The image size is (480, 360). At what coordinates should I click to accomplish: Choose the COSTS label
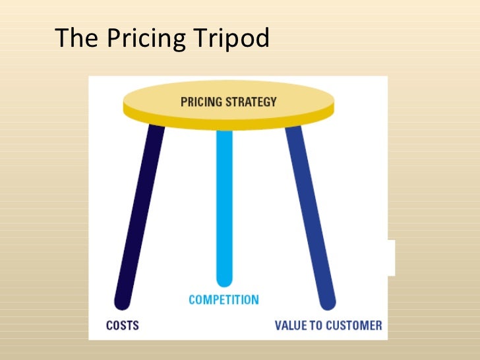tap(122, 325)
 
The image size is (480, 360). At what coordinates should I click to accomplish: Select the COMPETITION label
tap(224, 299)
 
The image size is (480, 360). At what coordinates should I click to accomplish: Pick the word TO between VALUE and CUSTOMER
tap(315, 325)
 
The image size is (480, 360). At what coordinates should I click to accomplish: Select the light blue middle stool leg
tap(224, 204)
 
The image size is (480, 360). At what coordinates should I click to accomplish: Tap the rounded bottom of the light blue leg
tap(224, 280)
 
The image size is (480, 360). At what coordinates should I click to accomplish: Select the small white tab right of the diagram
tap(392, 257)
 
